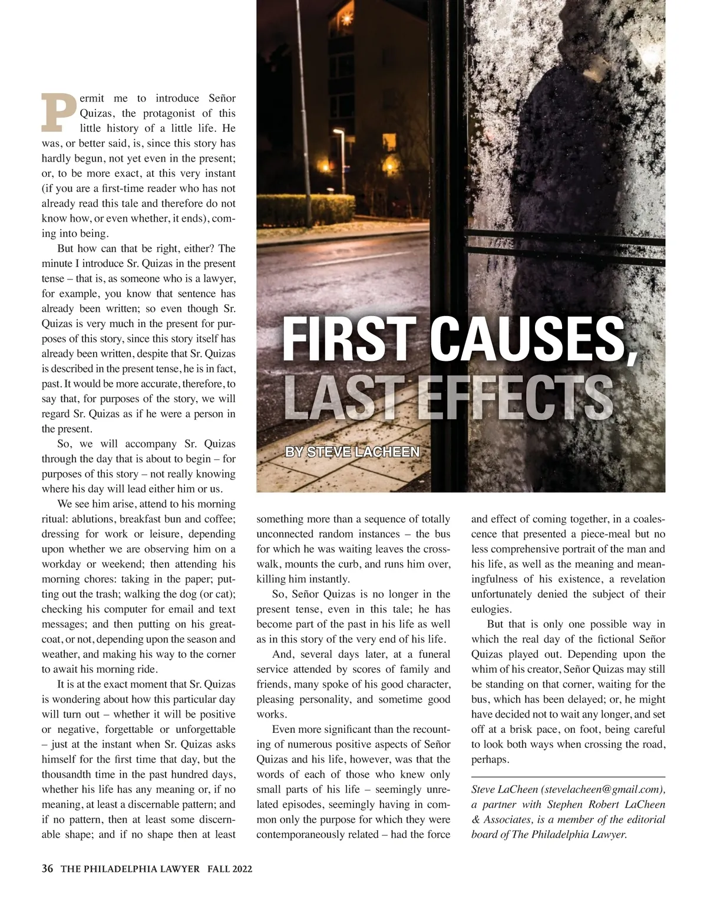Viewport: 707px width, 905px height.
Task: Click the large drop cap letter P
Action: point(59,112)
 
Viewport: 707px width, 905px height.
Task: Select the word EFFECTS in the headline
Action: point(514,396)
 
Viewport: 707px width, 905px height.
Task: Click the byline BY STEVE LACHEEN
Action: point(352,452)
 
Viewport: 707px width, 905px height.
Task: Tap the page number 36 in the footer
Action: point(48,868)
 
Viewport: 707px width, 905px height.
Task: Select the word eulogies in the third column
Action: point(491,609)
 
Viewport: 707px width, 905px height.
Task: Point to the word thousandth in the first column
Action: point(67,775)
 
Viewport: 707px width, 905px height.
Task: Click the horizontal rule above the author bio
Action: point(568,777)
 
